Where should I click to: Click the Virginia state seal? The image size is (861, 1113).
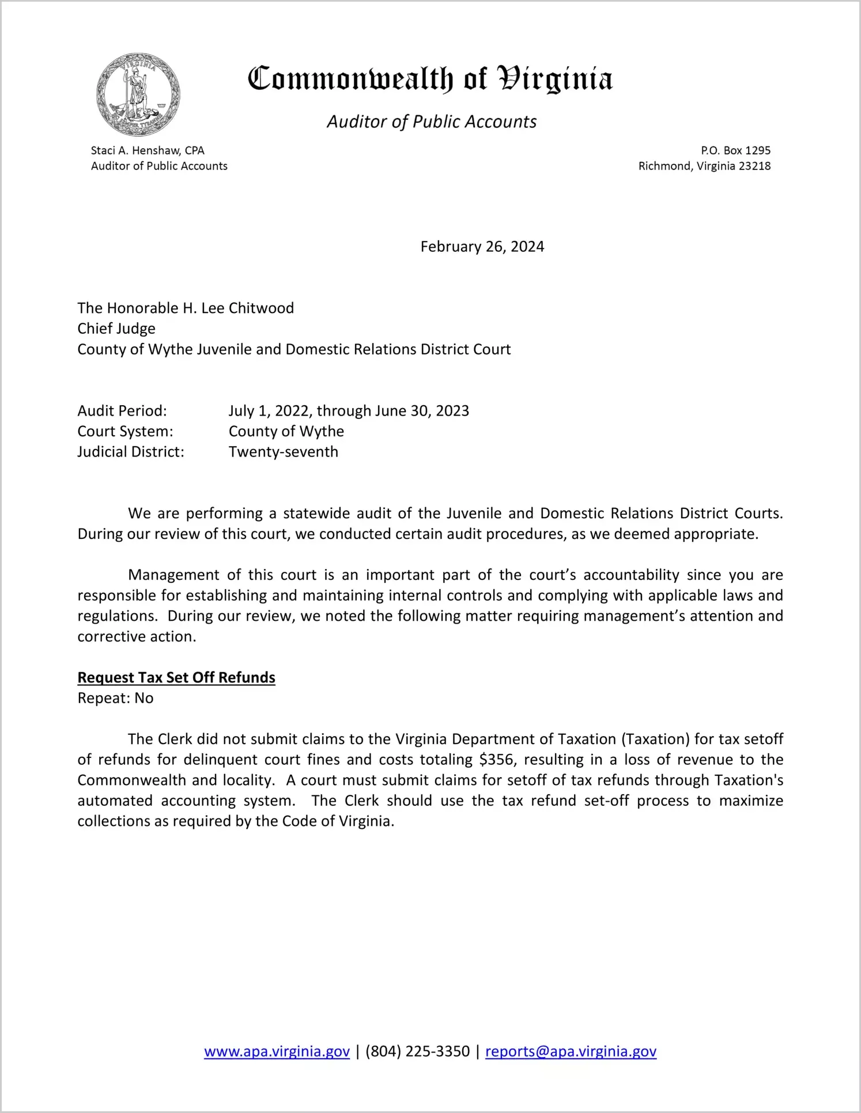(x=138, y=95)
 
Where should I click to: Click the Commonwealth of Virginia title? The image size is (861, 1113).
(x=430, y=79)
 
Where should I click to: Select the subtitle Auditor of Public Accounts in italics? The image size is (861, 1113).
(x=432, y=122)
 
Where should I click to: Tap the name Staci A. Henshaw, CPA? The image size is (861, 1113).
(x=148, y=150)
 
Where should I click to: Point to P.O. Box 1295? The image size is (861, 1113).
(x=735, y=150)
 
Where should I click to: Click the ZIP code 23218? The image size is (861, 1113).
(x=754, y=166)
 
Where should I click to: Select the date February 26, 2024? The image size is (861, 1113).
(x=482, y=247)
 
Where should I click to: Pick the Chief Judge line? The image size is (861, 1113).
(x=116, y=329)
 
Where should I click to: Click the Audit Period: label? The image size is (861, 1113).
(x=122, y=411)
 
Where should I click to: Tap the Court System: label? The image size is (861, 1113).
(x=125, y=431)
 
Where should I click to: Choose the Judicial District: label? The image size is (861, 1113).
(x=131, y=452)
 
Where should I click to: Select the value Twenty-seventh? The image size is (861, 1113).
(x=283, y=452)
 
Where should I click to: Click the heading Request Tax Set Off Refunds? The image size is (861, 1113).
(x=176, y=677)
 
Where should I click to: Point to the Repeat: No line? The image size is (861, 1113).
(x=115, y=698)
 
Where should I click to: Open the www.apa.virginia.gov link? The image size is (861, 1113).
(x=277, y=1051)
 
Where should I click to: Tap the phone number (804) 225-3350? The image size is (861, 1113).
(x=417, y=1051)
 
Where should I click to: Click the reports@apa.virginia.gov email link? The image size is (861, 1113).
(x=571, y=1051)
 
